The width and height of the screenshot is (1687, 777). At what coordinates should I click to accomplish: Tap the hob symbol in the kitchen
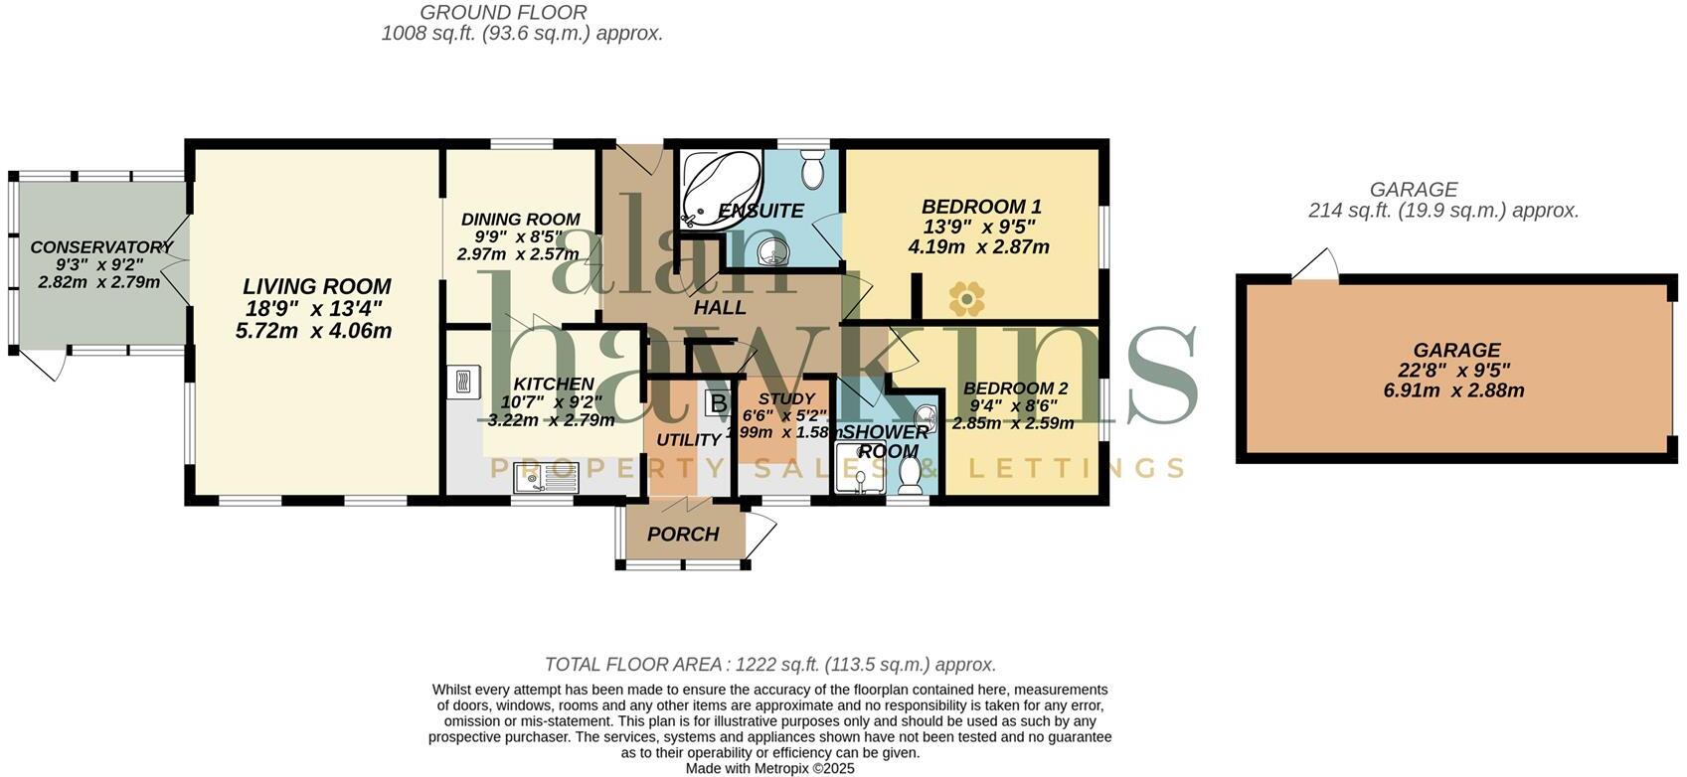[x=462, y=383]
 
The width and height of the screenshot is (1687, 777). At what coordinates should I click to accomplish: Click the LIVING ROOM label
[x=317, y=287]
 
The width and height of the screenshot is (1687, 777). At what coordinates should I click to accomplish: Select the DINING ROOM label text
[x=520, y=220]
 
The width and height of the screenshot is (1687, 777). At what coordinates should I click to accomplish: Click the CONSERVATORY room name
[x=100, y=247]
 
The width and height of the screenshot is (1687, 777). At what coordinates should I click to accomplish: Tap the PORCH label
[x=683, y=535]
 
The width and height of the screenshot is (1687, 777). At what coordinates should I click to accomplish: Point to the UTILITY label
[x=688, y=440]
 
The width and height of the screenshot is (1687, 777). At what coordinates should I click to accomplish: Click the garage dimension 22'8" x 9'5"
[x=1455, y=371]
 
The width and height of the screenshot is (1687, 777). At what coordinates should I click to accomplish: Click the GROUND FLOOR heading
[x=503, y=13]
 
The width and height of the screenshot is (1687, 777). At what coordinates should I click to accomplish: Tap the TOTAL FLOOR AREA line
[x=769, y=665]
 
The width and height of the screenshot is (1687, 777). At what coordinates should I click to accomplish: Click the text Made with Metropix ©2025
[x=769, y=768]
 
